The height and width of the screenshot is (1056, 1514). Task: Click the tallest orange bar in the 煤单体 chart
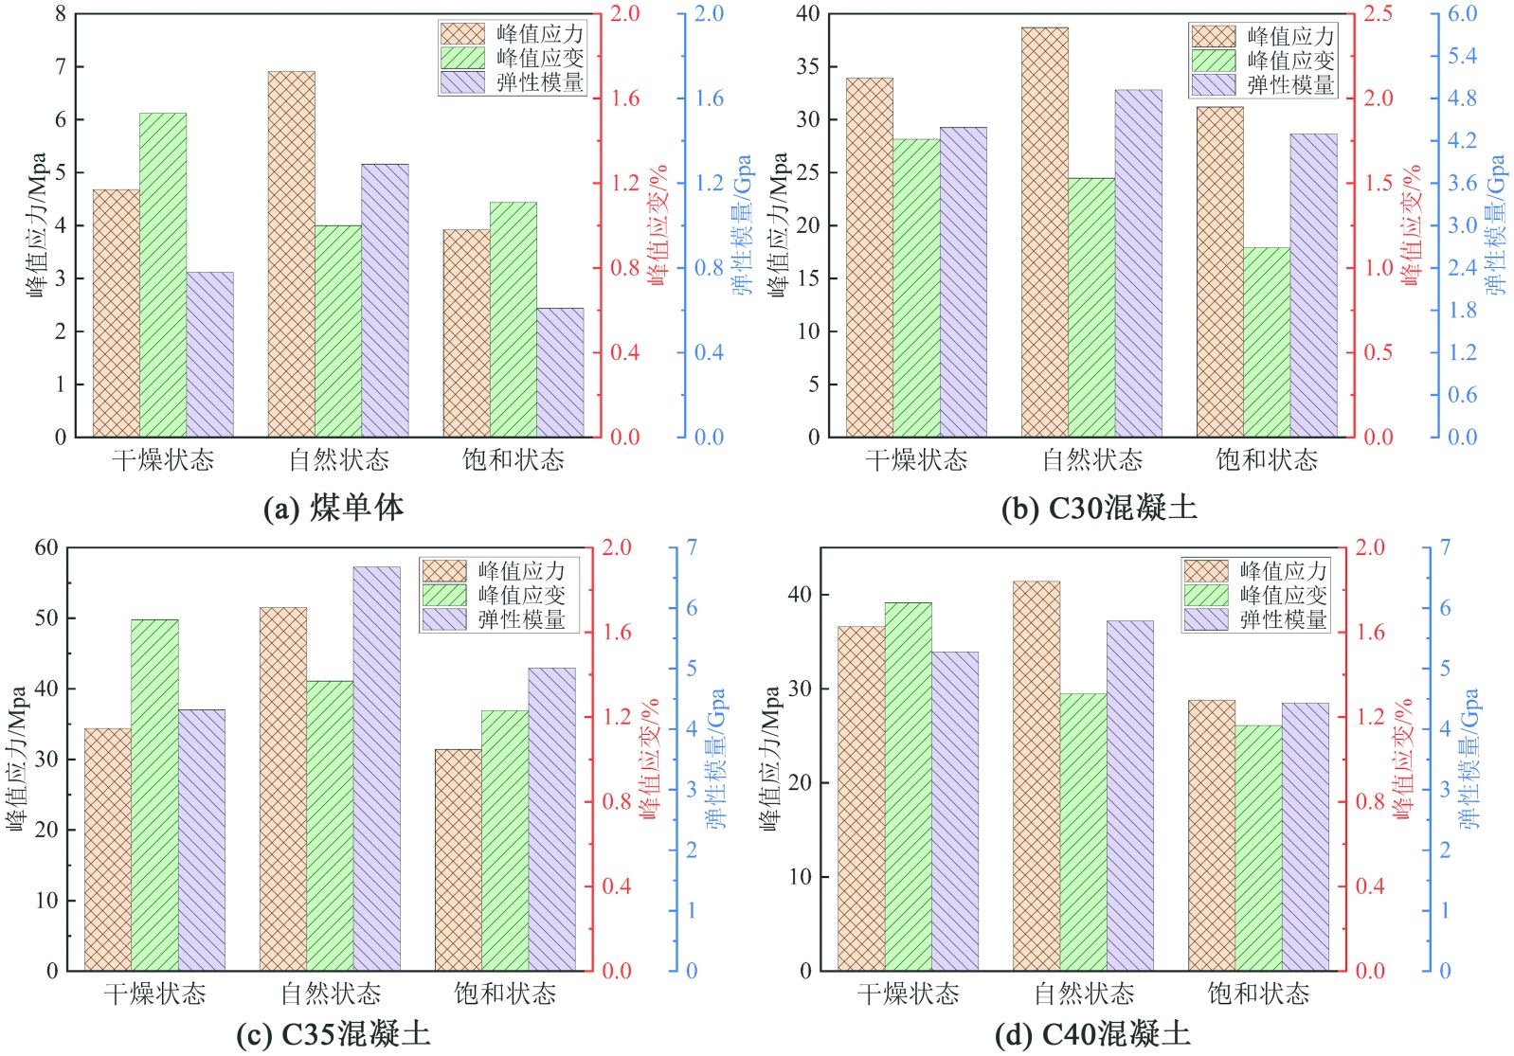(291, 254)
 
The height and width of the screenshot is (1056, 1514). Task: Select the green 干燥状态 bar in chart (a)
(163, 275)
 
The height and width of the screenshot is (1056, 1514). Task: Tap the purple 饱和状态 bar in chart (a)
(560, 372)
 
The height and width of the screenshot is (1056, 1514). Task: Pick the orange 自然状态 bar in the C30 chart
(1044, 232)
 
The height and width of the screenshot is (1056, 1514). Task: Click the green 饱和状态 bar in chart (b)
(1267, 342)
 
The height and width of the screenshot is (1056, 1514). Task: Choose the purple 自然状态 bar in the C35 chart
(376, 768)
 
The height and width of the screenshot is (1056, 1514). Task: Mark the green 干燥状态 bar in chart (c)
(154, 795)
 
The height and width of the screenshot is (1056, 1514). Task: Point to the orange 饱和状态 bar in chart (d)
(1211, 835)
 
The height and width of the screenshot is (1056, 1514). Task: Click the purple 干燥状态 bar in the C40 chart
(955, 811)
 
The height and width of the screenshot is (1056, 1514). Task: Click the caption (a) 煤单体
(333, 509)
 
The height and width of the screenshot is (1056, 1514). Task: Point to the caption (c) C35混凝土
(333, 1033)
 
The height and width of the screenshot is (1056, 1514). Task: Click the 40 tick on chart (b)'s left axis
(807, 14)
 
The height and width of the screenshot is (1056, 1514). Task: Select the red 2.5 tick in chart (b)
(1378, 14)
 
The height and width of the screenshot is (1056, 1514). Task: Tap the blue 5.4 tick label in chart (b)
(1462, 56)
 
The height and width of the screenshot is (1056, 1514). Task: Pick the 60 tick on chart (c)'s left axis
(46, 547)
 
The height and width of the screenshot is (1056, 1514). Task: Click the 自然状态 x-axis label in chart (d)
(1084, 993)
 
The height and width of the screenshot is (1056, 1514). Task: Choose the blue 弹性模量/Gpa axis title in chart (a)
(742, 224)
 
